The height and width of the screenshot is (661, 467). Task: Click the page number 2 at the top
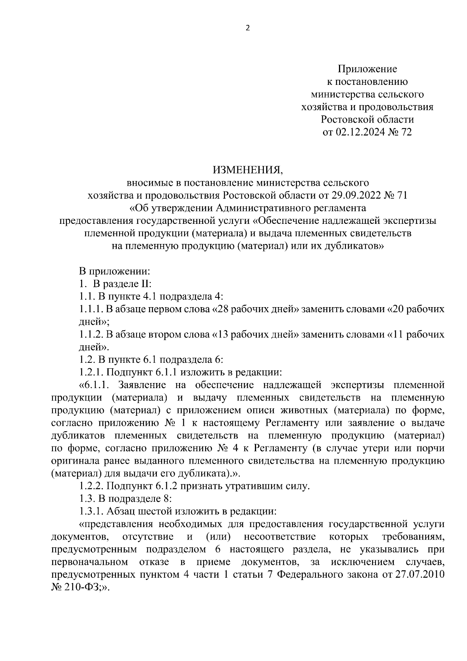point(247,28)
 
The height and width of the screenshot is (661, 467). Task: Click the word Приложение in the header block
point(367,69)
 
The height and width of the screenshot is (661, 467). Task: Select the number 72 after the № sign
point(405,132)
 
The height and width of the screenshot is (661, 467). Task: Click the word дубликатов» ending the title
point(354,246)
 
